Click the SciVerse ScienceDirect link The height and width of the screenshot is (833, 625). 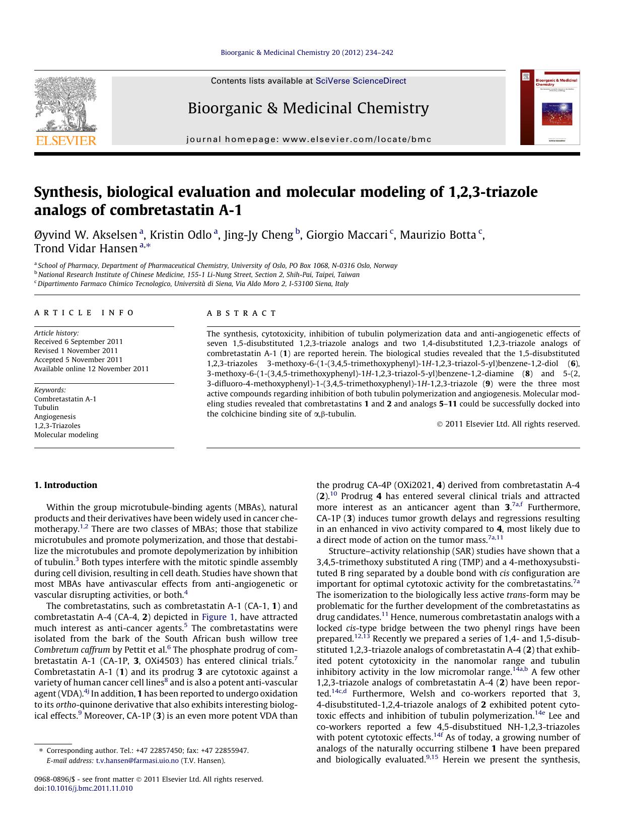(x=361, y=81)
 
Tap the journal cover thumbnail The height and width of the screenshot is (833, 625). (x=550, y=107)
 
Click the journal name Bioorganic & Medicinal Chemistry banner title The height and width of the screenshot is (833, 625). (x=308, y=108)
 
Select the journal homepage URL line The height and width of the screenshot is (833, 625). (x=309, y=140)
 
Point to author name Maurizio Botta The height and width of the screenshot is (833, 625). (x=438, y=235)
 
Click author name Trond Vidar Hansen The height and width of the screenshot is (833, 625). (x=86, y=249)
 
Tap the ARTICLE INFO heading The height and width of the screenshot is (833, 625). (x=84, y=313)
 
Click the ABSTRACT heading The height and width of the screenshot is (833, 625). (x=242, y=313)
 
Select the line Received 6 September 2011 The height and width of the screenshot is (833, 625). (x=79, y=342)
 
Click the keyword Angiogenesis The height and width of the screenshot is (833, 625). (x=55, y=417)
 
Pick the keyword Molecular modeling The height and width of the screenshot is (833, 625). (x=66, y=435)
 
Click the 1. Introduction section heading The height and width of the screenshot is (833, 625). (x=65, y=485)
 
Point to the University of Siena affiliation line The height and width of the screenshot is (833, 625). (x=193, y=284)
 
